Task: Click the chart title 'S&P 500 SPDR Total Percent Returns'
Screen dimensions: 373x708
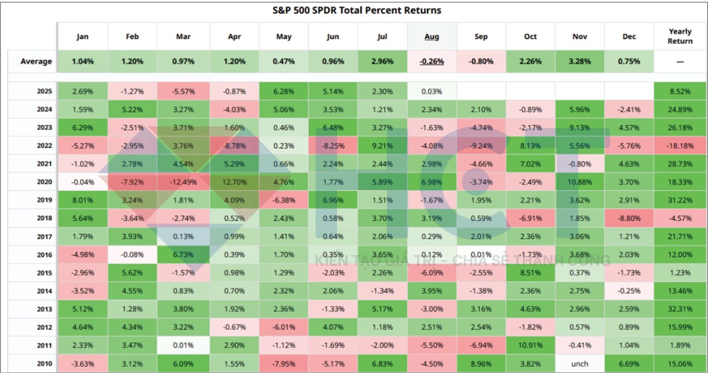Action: pyautogui.click(x=357, y=10)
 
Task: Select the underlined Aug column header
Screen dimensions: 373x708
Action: pyautogui.click(x=431, y=37)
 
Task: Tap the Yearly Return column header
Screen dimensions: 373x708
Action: pyautogui.click(x=680, y=36)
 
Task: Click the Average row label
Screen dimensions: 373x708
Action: pyautogui.click(x=36, y=61)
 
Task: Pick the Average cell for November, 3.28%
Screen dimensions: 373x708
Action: pyautogui.click(x=579, y=61)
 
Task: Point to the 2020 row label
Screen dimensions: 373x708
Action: pyautogui.click(x=44, y=182)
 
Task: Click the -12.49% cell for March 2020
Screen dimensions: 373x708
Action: pyautogui.click(x=183, y=182)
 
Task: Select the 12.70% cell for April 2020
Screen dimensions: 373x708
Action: pyautogui.click(x=234, y=182)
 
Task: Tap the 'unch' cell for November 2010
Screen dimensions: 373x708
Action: pyautogui.click(x=579, y=364)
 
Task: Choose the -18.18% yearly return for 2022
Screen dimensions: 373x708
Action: pyautogui.click(x=680, y=146)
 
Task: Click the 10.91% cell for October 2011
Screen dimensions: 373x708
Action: pyautogui.click(x=530, y=346)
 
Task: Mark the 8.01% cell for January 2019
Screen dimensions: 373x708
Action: pyautogui.click(x=83, y=200)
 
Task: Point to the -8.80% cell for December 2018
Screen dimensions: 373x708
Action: pyautogui.click(x=629, y=218)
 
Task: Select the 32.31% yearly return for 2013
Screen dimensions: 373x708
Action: pyautogui.click(x=680, y=309)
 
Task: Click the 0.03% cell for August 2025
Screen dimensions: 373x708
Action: pyautogui.click(x=431, y=91)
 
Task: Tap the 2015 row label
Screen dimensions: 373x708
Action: pyautogui.click(x=44, y=273)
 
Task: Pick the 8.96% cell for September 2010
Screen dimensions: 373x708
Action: pyautogui.click(x=481, y=364)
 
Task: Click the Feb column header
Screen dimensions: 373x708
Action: pyautogui.click(x=132, y=37)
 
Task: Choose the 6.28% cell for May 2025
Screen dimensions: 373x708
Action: pyautogui.click(x=284, y=91)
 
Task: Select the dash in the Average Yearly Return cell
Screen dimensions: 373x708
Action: pyautogui.click(x=680, y=62)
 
